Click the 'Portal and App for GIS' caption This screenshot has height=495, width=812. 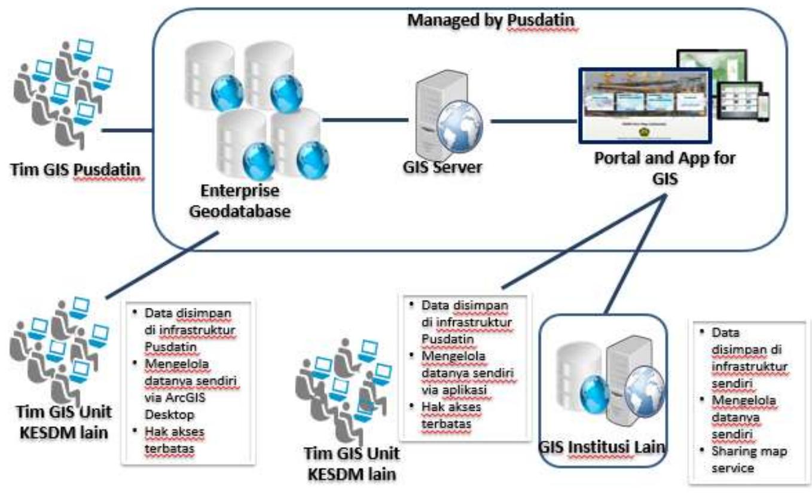coord(664,168)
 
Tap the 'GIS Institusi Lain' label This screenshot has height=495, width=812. coord(602,446)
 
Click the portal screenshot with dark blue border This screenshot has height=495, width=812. coord(644,105)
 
